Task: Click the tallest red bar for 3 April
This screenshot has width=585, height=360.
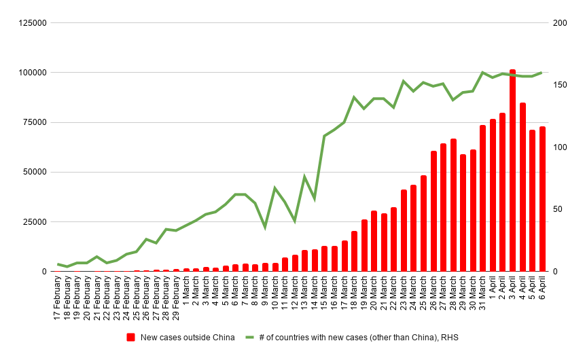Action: pyautogui.click(x=512, y=170)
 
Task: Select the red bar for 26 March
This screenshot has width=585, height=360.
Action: pyautogui.click(x=433, y=211)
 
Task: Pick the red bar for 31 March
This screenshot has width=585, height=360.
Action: pyautogui.click(x=482, y=198)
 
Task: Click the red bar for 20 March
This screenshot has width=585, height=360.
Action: pyautogui.click(x=374, y=240)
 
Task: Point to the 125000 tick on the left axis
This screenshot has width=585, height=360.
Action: pyautogui.click(x=33, y=23)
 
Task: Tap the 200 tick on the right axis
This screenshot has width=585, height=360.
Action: pyautogui.click(x=560, y=23)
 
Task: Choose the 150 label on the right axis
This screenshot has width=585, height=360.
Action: pyautogui.click(x=560, y=85)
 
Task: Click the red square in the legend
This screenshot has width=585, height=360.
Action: pyautogui.click(x=131, y=338)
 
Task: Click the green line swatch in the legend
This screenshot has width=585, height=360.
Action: pyautogui.click(x=249, y=338)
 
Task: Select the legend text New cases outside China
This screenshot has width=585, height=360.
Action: pyautogui.click(x=188, y=338)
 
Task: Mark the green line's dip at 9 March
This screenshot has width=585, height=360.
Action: pyautogui.click(x=265, y=227)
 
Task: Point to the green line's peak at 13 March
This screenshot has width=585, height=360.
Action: pyautogui.click(x=305, y=177)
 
